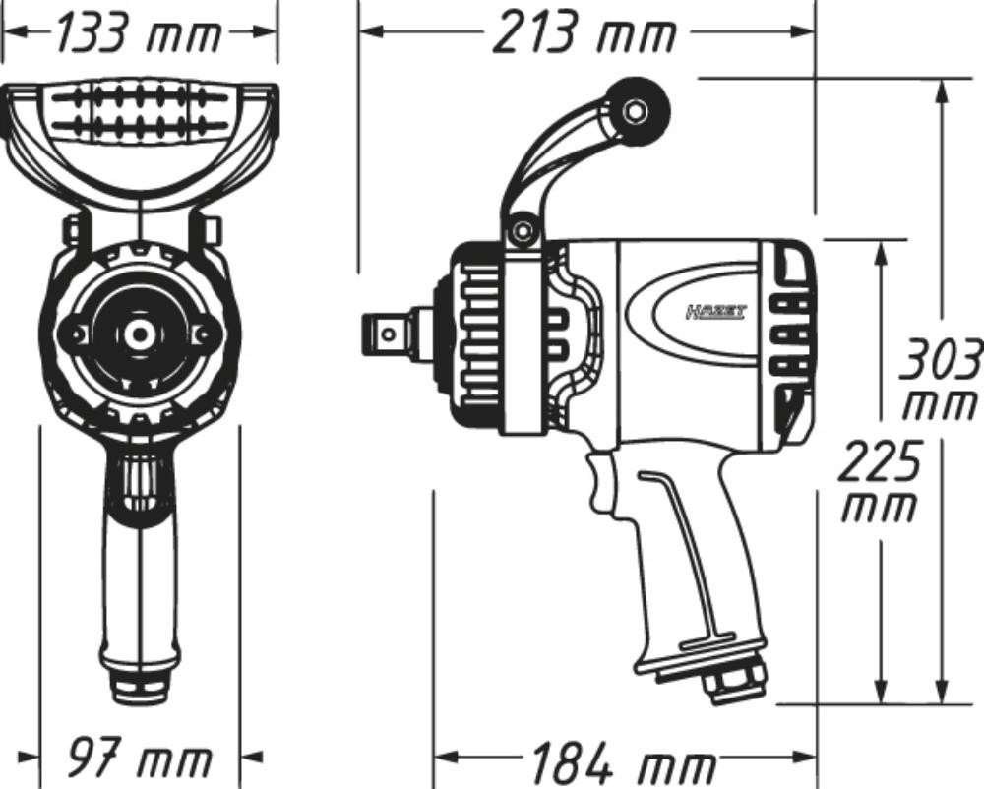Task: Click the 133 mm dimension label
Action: click(137, 34)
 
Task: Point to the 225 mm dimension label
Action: click(879, 482)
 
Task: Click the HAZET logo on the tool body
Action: click(715, 312)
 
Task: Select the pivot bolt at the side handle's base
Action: click(523, 233)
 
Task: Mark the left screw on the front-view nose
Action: click(72, 334)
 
